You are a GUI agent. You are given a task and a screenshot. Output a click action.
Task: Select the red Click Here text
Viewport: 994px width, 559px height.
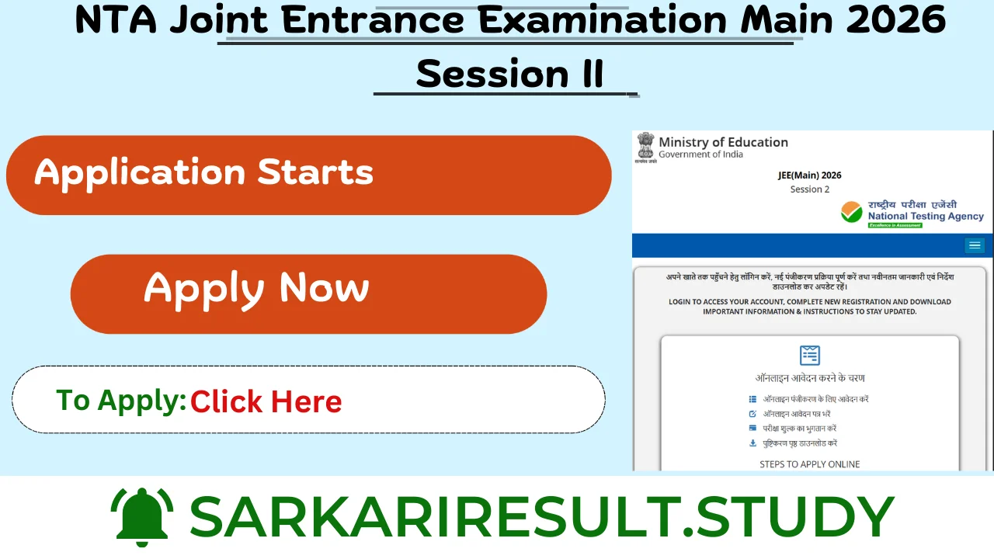pos(266,401)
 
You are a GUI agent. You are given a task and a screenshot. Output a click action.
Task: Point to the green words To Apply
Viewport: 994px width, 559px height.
pos(120,401)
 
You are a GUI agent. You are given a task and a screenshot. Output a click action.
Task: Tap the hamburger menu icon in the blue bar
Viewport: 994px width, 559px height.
pos(975,245)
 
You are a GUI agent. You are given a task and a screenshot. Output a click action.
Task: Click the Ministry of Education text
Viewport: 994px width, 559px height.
pos(723,142)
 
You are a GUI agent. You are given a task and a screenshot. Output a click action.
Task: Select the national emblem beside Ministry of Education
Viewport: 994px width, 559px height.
pos(645,147)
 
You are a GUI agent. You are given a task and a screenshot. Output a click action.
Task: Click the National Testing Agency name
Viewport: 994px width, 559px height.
pos(926,217)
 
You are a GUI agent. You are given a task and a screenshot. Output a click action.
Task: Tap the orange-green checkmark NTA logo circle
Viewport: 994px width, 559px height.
pos(852,212)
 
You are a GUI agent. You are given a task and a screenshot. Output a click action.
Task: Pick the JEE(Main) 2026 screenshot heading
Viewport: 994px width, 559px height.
pos(809,175)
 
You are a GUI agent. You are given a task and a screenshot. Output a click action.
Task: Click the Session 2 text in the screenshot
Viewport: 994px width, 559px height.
pos(809,189)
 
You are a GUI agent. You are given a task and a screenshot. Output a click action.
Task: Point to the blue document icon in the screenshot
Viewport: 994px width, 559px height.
pos(809,355)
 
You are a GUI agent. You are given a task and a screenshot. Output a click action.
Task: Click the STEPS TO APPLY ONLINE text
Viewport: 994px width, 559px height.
pos(809,464)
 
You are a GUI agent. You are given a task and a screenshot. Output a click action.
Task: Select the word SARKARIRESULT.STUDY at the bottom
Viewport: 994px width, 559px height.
pos(541,516)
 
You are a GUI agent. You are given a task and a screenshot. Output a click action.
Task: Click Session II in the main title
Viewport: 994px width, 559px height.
pos(509,74)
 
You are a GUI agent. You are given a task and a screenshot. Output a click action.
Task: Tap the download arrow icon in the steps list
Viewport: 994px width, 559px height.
pos(752,443)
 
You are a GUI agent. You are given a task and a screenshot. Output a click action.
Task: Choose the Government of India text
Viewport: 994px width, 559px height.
pos(700,155)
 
